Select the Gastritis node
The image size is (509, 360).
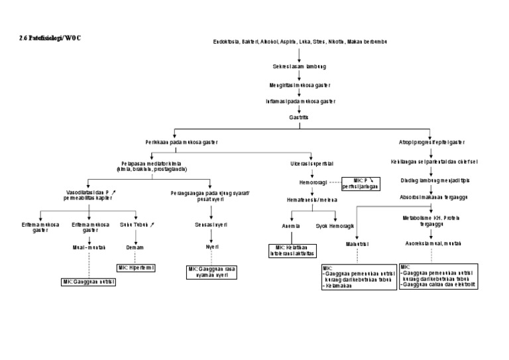[299, 117]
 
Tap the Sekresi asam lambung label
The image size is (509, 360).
[299, 67]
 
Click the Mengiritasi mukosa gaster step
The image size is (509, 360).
[300, 85]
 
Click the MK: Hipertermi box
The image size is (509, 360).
[137, 267]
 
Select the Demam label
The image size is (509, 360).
[135, 247]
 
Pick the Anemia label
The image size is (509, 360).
[292, 225]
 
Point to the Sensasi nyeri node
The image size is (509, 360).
[211, 225]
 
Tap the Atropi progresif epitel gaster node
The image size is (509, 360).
[431, 142]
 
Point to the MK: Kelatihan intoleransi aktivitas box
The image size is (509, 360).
[293, 250]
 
